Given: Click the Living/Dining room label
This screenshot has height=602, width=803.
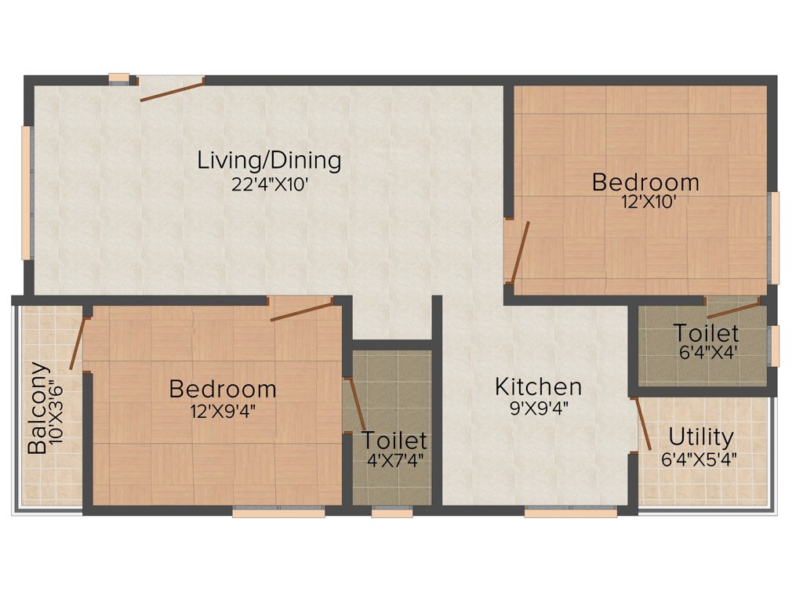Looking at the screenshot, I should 269,161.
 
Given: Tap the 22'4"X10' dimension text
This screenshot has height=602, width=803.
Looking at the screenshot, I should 269,184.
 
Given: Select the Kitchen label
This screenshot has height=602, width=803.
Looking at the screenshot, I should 538,386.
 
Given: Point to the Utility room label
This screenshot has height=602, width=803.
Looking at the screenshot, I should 701,437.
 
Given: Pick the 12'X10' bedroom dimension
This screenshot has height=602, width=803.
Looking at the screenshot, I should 645,201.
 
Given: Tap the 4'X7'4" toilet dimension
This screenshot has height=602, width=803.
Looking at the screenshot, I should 395,459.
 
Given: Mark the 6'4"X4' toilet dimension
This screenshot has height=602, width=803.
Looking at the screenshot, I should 707,353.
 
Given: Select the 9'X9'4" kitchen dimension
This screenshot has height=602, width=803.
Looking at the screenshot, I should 538,408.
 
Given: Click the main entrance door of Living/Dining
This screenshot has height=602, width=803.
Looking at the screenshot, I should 172,89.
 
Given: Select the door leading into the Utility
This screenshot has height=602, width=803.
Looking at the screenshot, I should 641,424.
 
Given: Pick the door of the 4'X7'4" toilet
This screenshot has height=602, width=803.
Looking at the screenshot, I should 355,404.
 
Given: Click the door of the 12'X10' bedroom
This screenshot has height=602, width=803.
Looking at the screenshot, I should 518,252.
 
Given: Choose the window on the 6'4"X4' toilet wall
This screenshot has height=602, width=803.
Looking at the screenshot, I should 775,345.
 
